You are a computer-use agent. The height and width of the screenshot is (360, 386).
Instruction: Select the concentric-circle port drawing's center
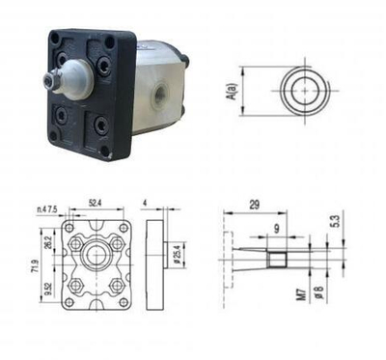pos(306,89)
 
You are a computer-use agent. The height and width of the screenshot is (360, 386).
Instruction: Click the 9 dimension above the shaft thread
pos(276,228)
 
